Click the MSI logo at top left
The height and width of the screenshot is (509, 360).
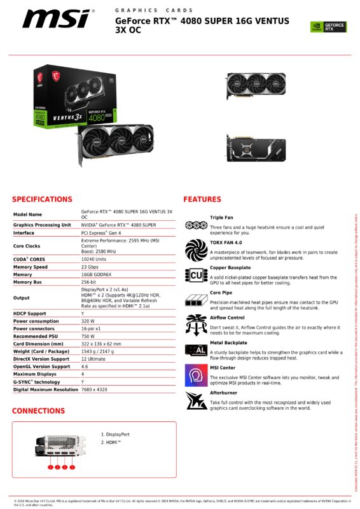[58, 18]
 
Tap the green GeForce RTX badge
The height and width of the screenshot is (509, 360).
[328, 27]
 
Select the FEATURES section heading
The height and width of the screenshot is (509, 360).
[202, 199]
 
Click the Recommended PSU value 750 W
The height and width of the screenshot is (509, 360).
[88, 337]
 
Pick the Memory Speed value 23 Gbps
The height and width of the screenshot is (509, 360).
[91, 268]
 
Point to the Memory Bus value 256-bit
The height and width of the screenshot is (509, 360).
[90, 282]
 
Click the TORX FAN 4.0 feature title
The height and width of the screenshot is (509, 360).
[226, 242]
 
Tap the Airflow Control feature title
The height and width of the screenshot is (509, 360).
[227, 317]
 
